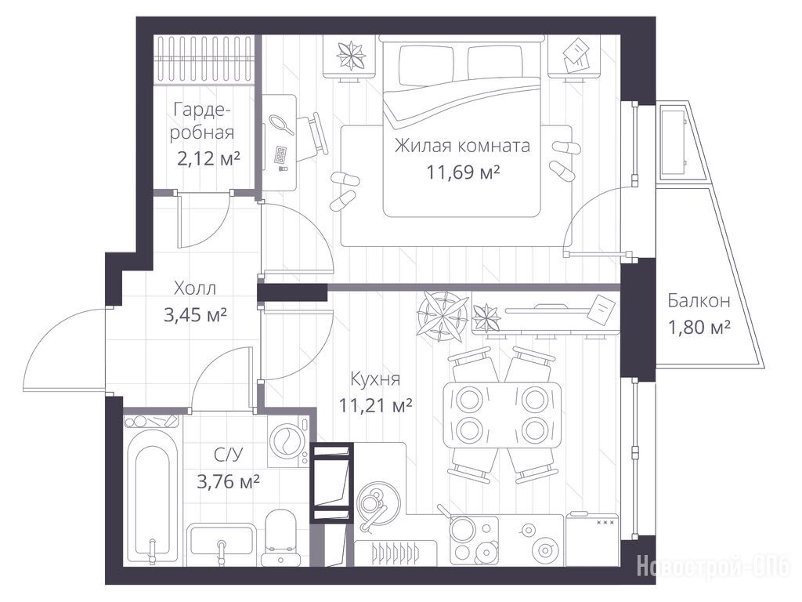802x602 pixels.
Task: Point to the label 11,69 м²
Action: [x=464, y=172]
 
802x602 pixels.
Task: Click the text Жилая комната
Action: [x=462, y=146]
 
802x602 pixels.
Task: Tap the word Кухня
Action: [x=375, y=379]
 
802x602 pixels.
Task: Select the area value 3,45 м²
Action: [x=195, y=314]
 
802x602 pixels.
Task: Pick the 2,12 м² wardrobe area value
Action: [x=208, y=158]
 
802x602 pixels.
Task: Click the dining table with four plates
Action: [x=502, y=415]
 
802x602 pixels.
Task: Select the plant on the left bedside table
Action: [x=352, y=56]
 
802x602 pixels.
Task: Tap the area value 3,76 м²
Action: [x=228, y=481]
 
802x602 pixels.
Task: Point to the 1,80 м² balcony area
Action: [x=699, y=326]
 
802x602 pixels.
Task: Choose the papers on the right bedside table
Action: [x=576, y=56]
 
